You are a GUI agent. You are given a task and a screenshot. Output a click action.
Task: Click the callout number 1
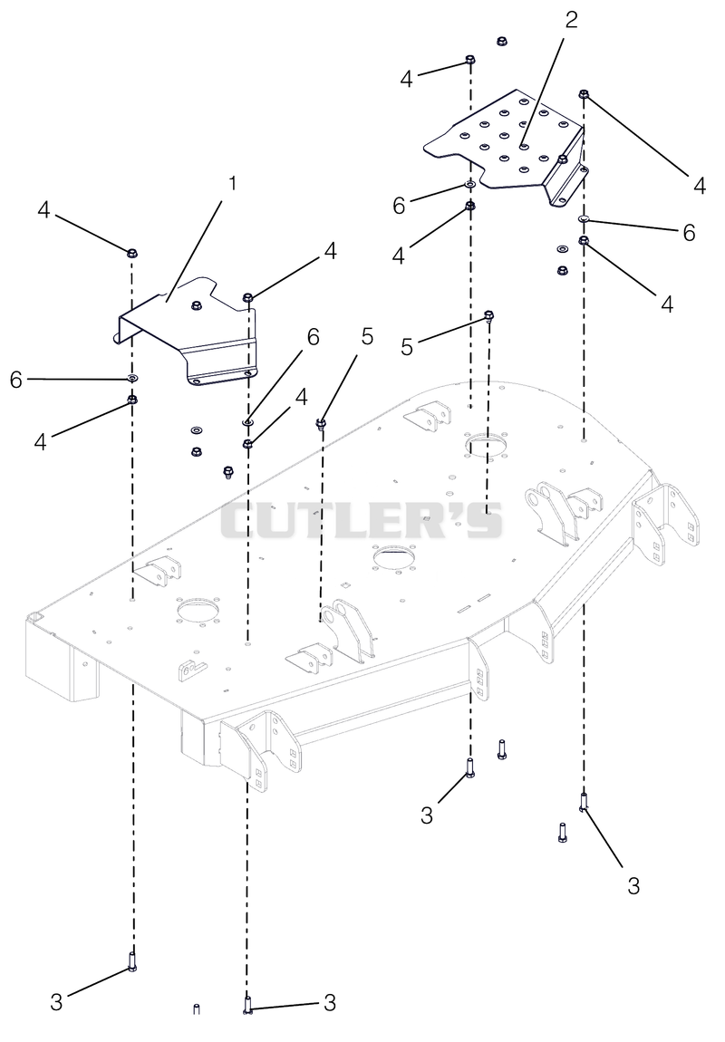point(232,183)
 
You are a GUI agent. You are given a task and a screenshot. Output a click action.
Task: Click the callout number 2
point(571,20)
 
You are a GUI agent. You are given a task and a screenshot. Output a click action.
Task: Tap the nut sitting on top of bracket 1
point(196,305)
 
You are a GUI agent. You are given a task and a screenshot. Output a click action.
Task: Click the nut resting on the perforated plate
point(563,159)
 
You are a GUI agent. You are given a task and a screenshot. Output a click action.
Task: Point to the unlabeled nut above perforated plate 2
point(502,41)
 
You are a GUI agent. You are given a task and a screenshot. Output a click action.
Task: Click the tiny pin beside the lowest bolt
point(196,1008)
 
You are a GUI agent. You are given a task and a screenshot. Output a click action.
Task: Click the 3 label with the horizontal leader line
point(330,1003)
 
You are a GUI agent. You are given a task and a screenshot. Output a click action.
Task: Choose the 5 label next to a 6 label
point(367,337)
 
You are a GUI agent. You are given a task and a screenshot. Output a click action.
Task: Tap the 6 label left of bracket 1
point(16,380)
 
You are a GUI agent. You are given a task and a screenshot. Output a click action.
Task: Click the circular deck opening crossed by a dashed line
point(487,445)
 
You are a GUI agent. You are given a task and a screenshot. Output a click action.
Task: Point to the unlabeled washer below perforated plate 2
point(562,249)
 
